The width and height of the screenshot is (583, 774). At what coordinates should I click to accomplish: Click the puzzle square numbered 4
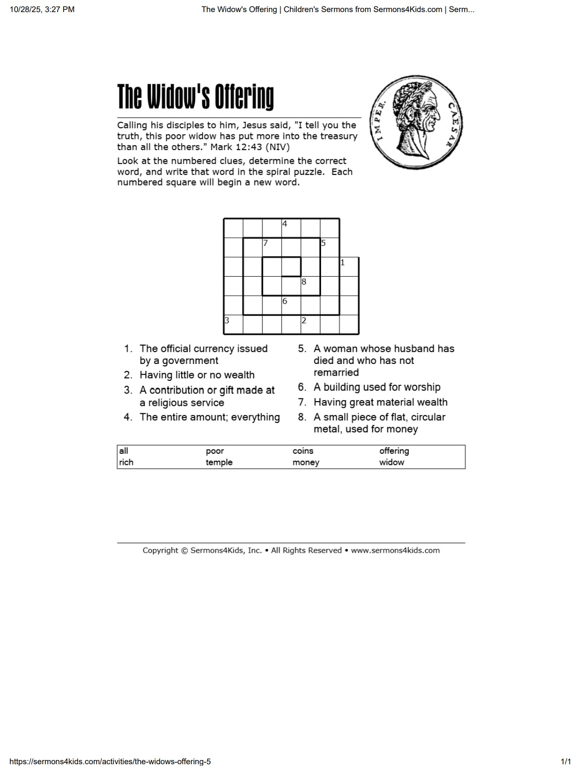point(291,228)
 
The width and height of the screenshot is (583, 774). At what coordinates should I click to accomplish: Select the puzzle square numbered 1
point(349,267)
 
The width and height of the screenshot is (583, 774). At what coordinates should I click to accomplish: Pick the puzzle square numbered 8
point(310,286)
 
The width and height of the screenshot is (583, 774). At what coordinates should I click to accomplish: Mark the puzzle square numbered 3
point(233,324)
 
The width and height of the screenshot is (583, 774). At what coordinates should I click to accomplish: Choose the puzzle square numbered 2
point(310,324)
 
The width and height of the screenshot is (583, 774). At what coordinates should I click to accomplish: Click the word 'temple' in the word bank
point(219,462)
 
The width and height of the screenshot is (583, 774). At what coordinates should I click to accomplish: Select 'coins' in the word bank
point(303,451)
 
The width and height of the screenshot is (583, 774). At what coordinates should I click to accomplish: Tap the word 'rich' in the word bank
point(126,462)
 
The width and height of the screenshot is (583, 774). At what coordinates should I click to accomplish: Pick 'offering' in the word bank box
point(394,451)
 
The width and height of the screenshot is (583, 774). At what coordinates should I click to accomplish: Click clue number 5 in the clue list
point(302,349)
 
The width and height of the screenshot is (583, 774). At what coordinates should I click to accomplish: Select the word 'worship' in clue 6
point(421,387)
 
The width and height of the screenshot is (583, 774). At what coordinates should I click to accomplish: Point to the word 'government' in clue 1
point(190,361)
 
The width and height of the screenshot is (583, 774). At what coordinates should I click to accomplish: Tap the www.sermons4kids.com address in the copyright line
point(395,550)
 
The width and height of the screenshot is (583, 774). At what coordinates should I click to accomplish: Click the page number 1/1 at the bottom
point(565,761)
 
